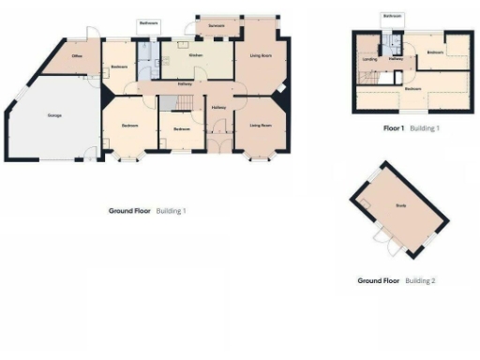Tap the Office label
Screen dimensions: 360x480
[x=80, y=56]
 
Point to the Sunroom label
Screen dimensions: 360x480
[x=217, y=23]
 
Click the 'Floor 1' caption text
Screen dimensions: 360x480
[x=394, y=127]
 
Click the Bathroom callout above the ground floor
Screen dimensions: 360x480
[x=148, y=22]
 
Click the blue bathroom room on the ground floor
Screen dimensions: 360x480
[x=147, y=66]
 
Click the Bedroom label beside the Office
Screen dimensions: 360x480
[x=119, y=67]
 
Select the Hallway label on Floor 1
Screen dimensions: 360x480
[x=396, y=59]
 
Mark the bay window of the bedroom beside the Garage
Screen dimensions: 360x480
[x=123, y=157]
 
